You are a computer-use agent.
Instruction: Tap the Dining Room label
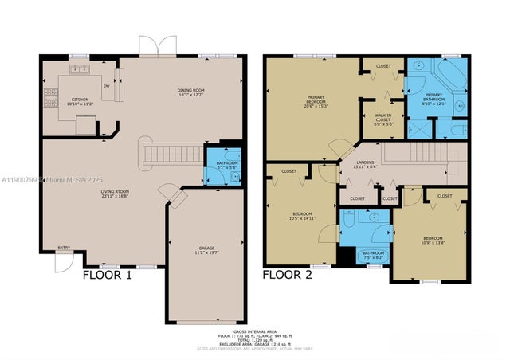tap(191, 93)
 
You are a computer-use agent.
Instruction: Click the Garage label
tap(207, 250)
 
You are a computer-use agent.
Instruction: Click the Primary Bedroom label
tap(316, 100)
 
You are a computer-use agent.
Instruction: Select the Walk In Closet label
tap(383, 120)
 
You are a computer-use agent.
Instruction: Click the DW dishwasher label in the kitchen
tap(106, 86)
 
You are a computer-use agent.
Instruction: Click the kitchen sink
tap(80, 70)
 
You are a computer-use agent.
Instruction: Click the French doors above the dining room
tap(158, 45)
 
